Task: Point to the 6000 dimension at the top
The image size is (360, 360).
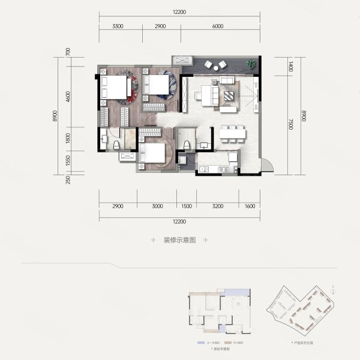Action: pos(217,26)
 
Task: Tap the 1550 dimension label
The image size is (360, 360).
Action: pos(68,160)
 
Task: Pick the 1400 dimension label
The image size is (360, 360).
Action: pos(291,67)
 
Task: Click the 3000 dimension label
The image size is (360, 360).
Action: pos(157,206)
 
